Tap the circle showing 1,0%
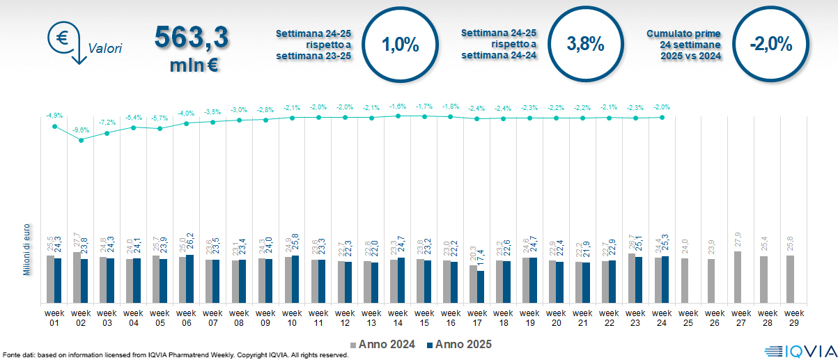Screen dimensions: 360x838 pos(400,45)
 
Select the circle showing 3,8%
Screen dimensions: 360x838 pos(585,44)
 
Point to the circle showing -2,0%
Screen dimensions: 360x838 pos(770,45)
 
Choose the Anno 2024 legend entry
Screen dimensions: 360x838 pos(385,344)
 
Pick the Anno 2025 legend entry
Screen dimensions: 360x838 pos(458,344)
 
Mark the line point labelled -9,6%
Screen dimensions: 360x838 pos(82,140)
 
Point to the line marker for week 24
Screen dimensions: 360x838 pos(662,118)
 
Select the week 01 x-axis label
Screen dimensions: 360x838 pos(55,318)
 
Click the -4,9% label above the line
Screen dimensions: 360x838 pos(54,115)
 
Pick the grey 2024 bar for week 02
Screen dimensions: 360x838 pos(77,277)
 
